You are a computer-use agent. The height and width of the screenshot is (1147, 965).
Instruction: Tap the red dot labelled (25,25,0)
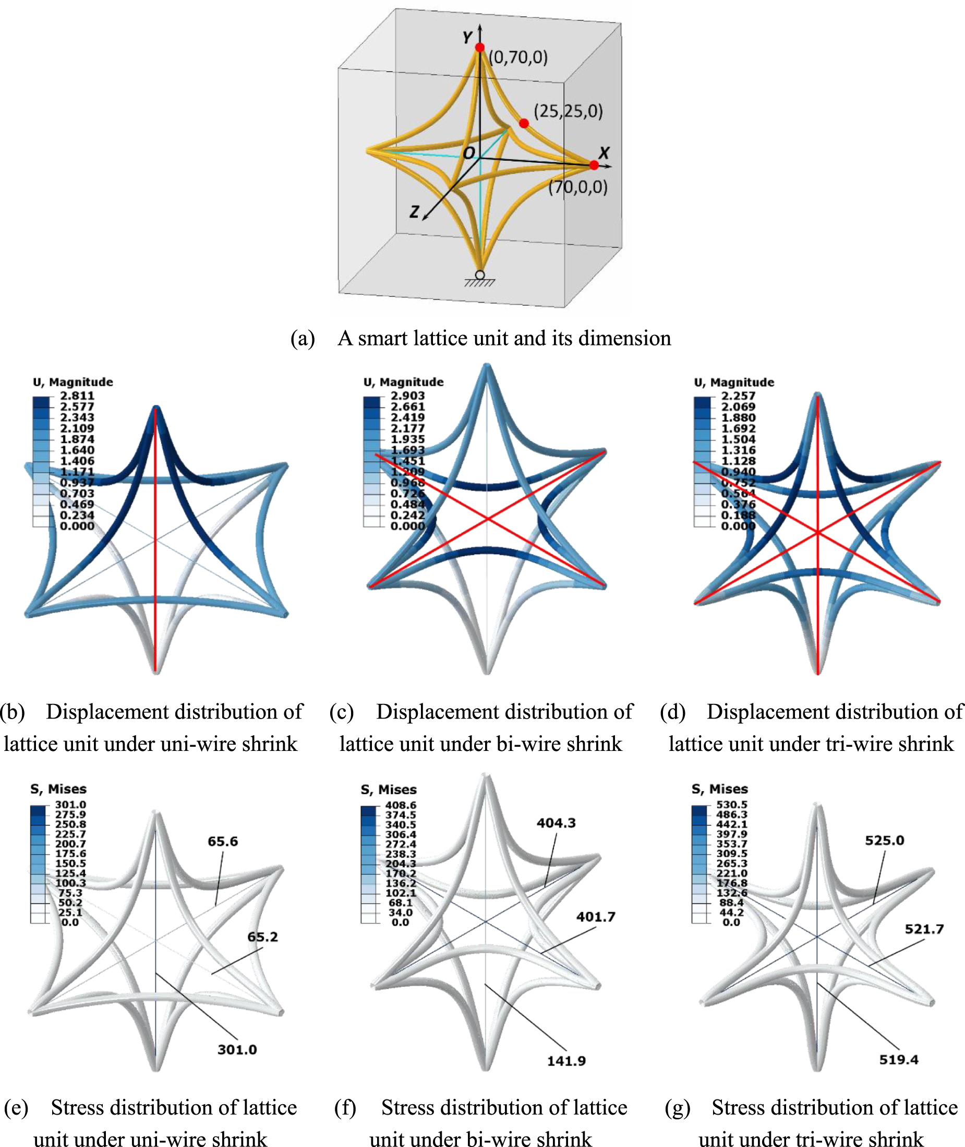pyautogui.click(x=524, y=123)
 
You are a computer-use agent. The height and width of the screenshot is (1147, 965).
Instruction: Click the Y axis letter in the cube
pyautogui.click(x=467, y=37)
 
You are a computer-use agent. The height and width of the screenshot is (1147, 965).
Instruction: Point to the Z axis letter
pyautogui.click(x=415, y=211)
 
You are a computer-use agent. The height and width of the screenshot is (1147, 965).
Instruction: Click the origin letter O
pyautogui.click(x=469, y=153)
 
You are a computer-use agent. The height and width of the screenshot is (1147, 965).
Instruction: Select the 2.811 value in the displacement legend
pyautogui.click(x=77, y=396)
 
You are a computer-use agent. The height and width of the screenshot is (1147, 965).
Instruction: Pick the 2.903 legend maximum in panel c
pyautogui.click(x=407, y=396)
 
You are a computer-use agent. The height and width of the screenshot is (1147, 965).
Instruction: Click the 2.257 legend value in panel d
pyautogui.click(x=738, y=396)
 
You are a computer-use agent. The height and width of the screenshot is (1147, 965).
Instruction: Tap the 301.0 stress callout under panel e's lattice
pyautogui.click(x=237, y=1049)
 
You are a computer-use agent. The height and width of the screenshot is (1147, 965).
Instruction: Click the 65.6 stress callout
pyautogui.click(x=223, y=841)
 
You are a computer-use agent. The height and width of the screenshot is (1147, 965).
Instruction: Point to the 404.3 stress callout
pyautogui.click(x=556, y=822)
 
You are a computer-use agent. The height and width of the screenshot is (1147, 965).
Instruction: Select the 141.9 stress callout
pyautogui.click(x=566, y=1061)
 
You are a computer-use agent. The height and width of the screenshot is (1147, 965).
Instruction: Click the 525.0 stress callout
pyautogui.click(x=885, y=841)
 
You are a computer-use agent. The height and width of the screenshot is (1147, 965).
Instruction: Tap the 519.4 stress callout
pyautogui.click(x=899, y=1059)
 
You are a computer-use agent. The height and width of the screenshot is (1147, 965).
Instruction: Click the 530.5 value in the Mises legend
pyautogui.click(x=731, y=805)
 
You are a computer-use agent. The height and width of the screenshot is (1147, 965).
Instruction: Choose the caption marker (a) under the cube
pyautogui.click(x=303, y=339)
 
